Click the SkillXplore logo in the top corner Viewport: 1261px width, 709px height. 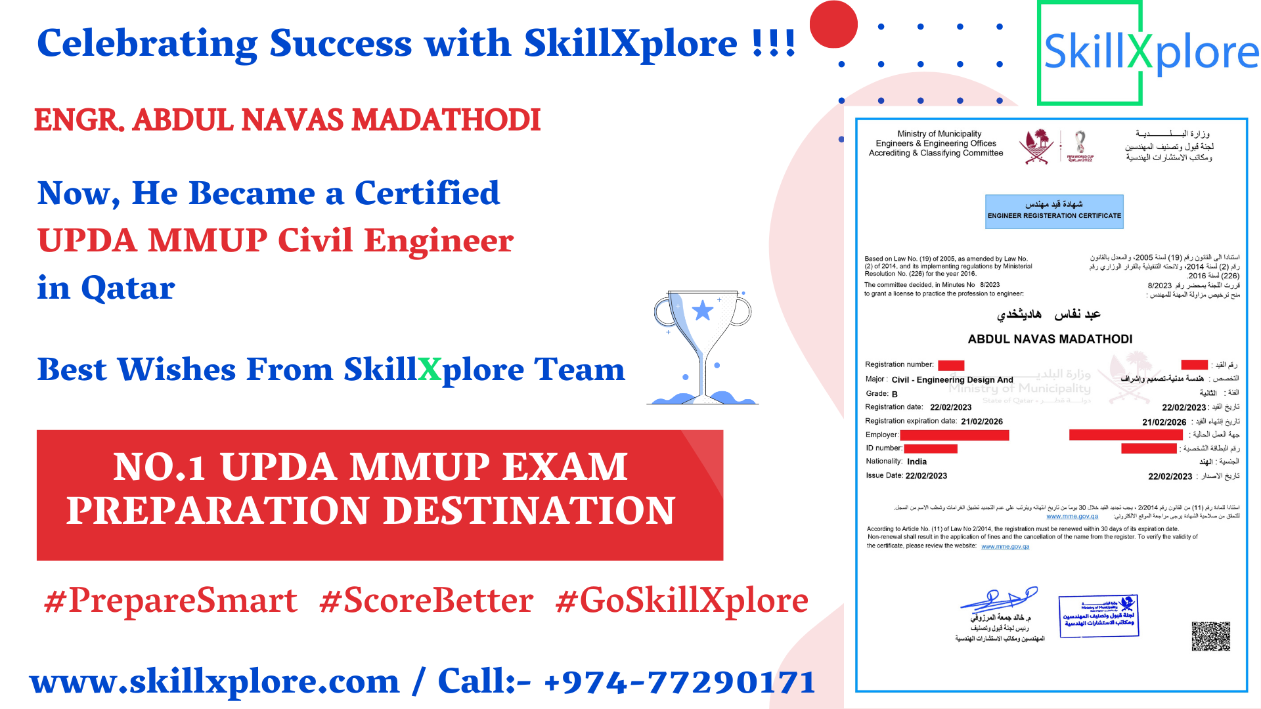pos(1149,53)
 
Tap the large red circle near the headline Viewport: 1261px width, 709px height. pos(833,24)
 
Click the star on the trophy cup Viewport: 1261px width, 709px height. pos(702,310)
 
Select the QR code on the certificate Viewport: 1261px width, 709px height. pos(1210,635)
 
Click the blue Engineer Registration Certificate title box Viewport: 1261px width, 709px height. pos(1054,211)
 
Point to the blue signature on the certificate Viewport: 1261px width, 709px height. pos(999,599)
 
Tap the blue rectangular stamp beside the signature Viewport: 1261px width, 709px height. pos(1098,616)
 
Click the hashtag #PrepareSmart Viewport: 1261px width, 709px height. pos(170,600)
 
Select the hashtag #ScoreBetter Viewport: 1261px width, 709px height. pos(426,600)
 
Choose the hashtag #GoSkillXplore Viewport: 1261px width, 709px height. pos(681,600)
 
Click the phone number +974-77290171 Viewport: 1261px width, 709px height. pos(680,681)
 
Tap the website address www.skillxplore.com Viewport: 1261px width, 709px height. pos(215,681)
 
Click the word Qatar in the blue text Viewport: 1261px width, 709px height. pos(127,288)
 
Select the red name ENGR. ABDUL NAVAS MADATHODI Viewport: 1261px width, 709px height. pos(287,119)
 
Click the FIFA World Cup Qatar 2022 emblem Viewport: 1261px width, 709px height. pos(1080,146)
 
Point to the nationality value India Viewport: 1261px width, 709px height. pos(917,462)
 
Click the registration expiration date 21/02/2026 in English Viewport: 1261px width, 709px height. pos(982,421)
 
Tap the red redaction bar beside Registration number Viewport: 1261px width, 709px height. pos(950,365)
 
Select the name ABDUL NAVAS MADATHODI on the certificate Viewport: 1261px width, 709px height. pos(1050,339)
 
